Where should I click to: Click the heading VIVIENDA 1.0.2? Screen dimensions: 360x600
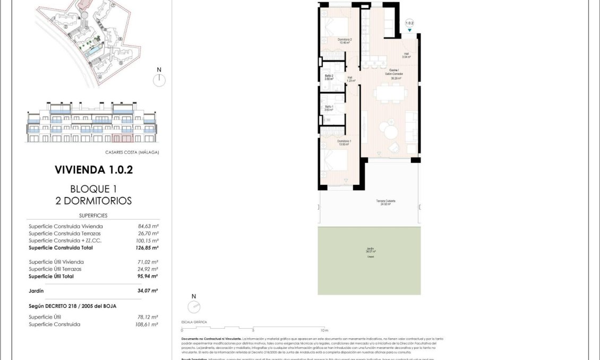coord(93,170)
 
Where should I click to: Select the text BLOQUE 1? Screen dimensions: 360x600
coord(93,188)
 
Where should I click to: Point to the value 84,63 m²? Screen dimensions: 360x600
coord(148,226)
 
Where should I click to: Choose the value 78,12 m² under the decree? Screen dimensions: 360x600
coord(148,317)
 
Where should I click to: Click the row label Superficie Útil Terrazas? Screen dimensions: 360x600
coord(56,269)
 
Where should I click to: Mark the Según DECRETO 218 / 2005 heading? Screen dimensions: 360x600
coord(72,306)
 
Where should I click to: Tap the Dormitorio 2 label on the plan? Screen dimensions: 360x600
coord(345,41)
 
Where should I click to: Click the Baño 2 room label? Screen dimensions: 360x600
coord(329,77)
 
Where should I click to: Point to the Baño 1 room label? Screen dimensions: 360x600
coord(329,108)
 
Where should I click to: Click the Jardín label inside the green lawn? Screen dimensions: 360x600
coord(370,251)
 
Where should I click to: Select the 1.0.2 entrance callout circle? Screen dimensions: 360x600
coord(409,23)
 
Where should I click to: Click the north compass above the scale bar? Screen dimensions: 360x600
coord(194,306)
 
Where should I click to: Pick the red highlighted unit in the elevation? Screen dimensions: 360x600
coord(123,139)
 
